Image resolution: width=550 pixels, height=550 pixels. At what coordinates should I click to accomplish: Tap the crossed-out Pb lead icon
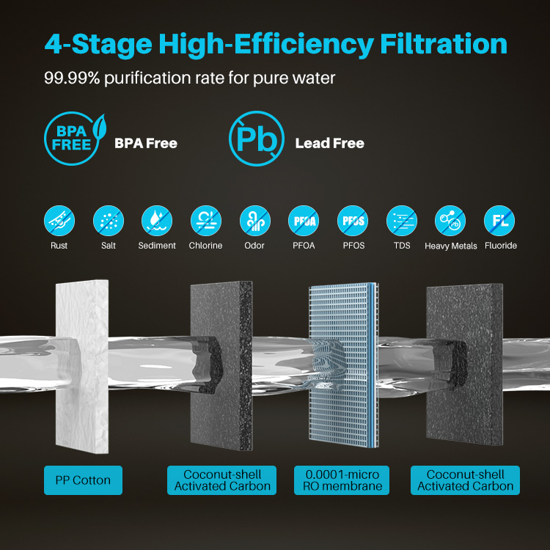pos(257,139)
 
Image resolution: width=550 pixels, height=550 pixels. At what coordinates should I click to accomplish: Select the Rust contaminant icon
pos(59,221)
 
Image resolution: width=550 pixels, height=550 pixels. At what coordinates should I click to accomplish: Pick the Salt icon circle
pos(109,221)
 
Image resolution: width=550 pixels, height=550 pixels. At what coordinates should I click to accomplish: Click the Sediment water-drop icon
pos(157,221)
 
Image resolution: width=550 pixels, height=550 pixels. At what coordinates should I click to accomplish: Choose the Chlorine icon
pos(206,221)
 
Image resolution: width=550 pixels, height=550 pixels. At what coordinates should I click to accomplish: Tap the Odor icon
pos(255,221)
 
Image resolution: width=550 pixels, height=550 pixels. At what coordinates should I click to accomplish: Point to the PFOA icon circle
pos(304,221)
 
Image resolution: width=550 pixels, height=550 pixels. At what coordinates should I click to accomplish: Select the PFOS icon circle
pos(353,221)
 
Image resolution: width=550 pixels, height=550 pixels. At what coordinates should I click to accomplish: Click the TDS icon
pos(402,221)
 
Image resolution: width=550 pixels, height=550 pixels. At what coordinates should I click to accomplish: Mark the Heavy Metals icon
pos(450,221)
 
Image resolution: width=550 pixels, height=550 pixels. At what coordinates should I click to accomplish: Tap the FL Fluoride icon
pos(499,221)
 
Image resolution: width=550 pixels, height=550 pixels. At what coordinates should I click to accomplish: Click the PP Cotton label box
pos(83,480)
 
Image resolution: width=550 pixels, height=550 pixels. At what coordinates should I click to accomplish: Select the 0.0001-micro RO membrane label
pos(342,480)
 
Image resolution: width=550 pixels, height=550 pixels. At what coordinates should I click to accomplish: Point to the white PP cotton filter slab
pos(82,366)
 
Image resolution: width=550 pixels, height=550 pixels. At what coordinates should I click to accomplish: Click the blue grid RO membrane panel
pos(343,365)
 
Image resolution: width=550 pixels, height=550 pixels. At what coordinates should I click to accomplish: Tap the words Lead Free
pos(330,143)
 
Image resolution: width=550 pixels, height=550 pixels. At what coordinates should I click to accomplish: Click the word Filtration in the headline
pos(444,44)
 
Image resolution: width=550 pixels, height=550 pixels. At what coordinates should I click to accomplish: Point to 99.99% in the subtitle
pos(72,78)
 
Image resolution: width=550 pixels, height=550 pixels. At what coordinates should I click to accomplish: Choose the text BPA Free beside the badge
pos(146,143)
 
